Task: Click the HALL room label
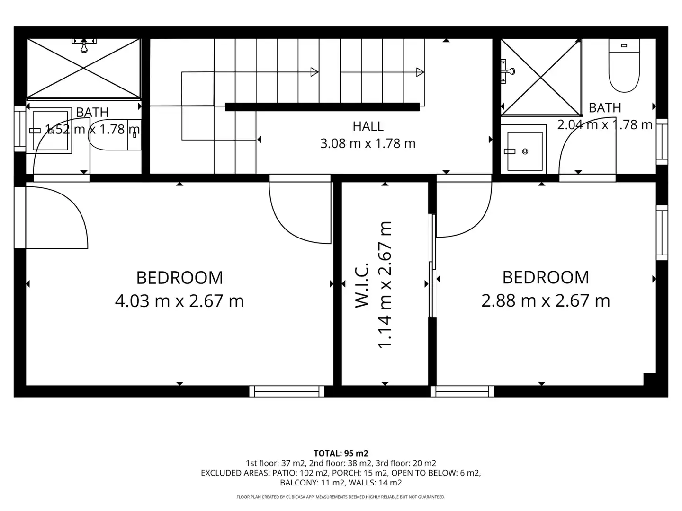click(x=368, y=126)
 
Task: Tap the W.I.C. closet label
click(x=362, y=285)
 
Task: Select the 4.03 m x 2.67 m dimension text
click(x=179, y=300)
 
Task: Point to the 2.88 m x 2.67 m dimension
click(x=546, y=300)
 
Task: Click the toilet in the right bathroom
click(x=624, y=65)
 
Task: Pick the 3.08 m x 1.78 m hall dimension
click(x=368, y=143)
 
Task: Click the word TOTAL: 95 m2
click(x=341, y=453)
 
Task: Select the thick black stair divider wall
click(x=322, y=107)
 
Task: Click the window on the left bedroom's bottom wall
click(x=287, y=392)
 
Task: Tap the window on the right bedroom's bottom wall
click(x=462, y=392)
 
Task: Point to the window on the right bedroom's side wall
click(x=662, y=233)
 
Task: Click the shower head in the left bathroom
click(x=84, y=45)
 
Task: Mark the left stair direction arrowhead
click(x=314, y=72)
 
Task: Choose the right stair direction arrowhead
click(x=420, y=72)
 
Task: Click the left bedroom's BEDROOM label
click(x=179, y=278)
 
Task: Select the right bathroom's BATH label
click(x=605, y=108)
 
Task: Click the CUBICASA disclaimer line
click(x=341, y=497)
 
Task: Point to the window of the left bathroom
click(x=20, y=129)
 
